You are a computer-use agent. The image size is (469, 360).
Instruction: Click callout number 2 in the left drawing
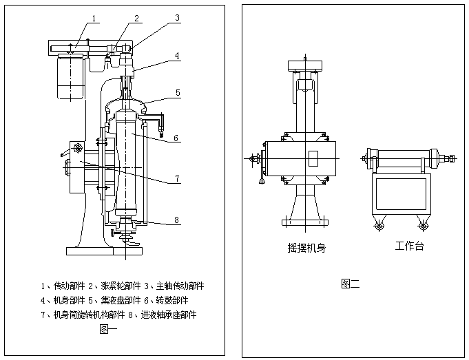tap(136, 19)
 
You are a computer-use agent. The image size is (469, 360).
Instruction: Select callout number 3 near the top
tap(177, 19)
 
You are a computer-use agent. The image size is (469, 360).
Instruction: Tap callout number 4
tap(177, 55)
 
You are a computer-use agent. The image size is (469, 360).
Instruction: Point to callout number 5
tap(177, 92)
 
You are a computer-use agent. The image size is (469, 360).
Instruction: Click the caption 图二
tap(350, 282)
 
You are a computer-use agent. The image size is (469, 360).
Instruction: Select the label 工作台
tap(409, 246)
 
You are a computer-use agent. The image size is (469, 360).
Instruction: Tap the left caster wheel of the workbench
tap(377, 224)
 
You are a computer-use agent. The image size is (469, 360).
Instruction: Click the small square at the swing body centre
tap(311, 158)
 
